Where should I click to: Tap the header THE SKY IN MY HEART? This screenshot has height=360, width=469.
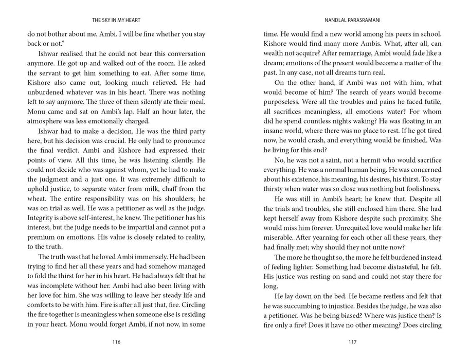point(116,20)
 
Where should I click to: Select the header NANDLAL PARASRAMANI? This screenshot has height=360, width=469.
point(352,20)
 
